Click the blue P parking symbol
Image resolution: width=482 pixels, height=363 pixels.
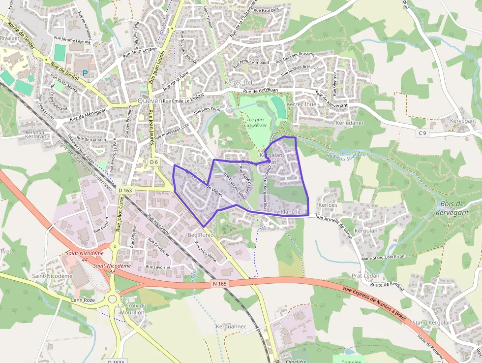(85, 73)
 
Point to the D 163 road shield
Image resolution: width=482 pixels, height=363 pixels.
(125, 190)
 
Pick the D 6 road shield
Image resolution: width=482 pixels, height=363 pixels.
(154, 162)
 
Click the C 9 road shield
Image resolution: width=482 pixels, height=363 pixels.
(422, 133)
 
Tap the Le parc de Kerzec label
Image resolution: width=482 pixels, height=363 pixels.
(257, 122)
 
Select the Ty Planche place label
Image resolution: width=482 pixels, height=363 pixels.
(287, 212)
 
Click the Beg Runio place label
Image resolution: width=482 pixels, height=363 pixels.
(201, 235)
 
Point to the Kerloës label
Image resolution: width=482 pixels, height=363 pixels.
(328, 204)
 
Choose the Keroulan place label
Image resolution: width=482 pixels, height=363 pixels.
(366, 231)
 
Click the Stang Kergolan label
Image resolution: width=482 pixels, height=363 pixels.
(432, 323)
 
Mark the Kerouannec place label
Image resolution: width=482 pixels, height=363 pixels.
(231, 327)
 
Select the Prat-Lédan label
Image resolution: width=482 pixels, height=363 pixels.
(364, 276)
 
